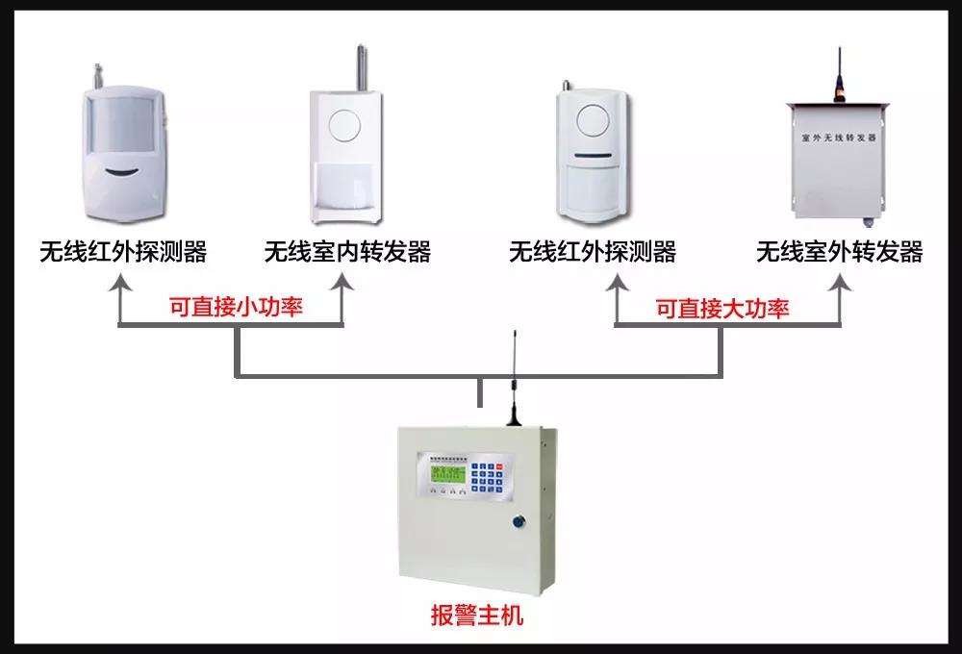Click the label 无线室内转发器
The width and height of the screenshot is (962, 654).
pos(347,253)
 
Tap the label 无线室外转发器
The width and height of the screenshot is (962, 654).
pos(839,253)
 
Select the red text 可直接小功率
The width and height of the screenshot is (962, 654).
pos(236,308)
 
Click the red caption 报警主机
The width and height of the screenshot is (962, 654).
pos(477,616)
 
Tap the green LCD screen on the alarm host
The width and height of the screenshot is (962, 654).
pos(447,473)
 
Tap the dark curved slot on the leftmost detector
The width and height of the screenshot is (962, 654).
pos(121,173)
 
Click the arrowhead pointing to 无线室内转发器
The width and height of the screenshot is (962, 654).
pos(342,284)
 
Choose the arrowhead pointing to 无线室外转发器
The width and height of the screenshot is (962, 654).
pos(841,284)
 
